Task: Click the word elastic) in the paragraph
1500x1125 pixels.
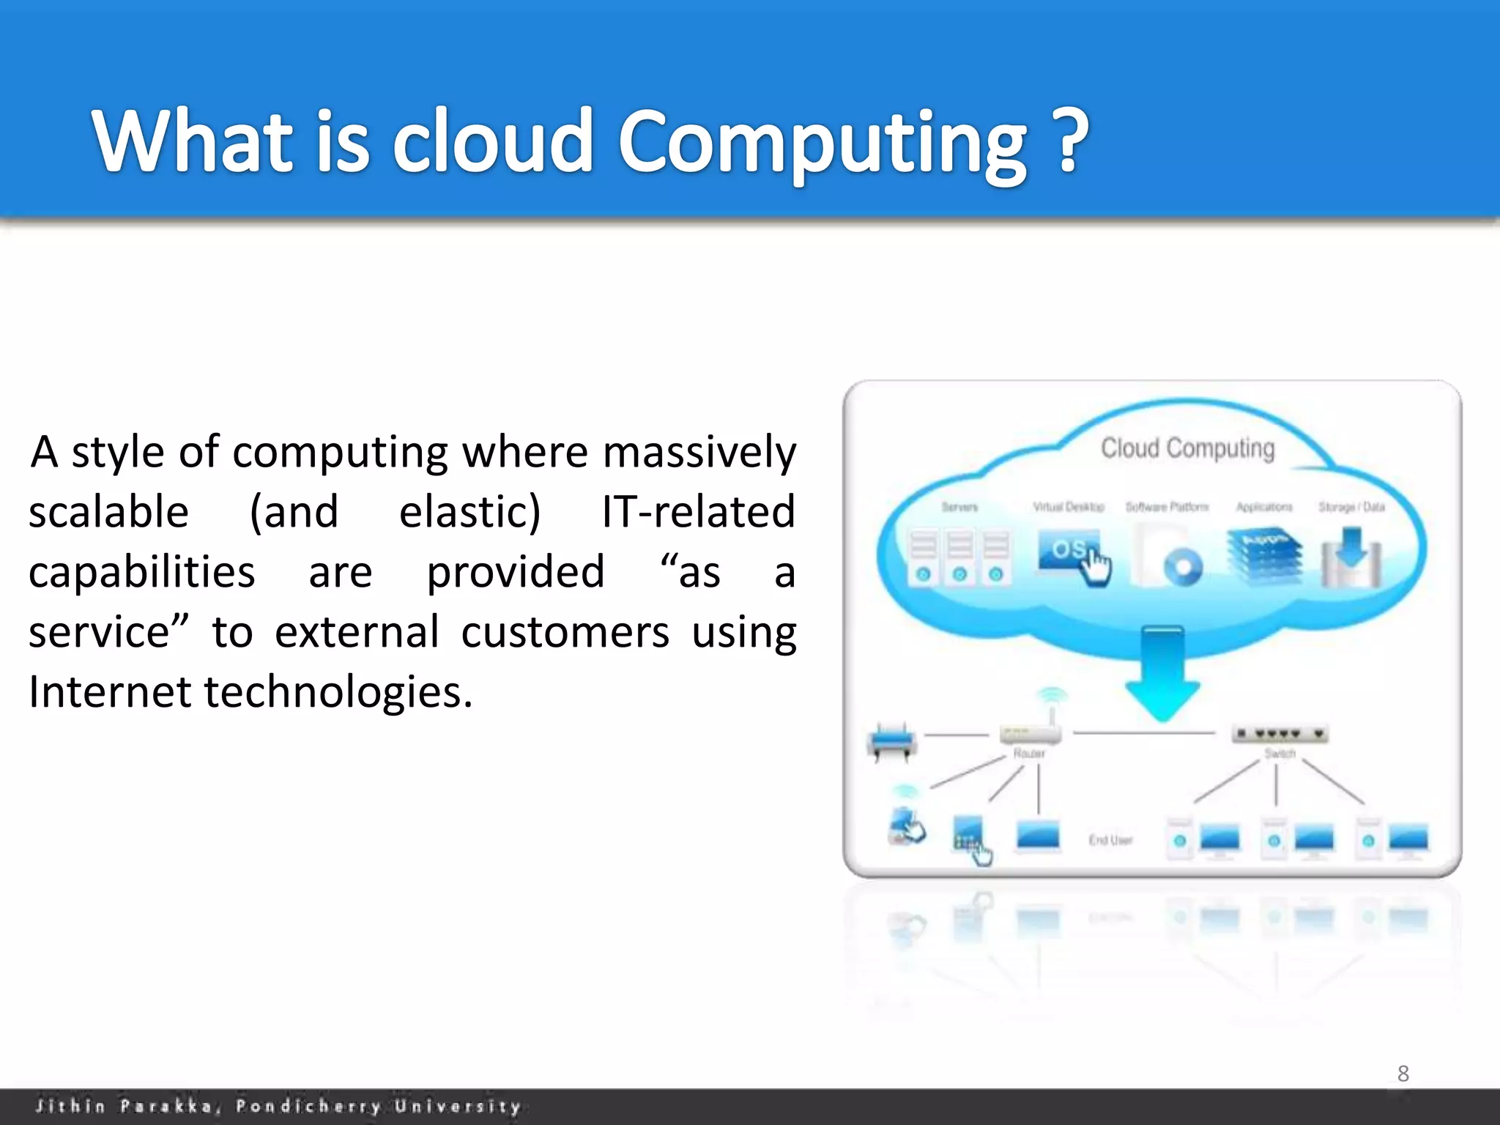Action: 469,512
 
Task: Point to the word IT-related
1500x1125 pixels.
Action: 698,512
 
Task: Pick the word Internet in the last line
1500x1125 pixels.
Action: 109,692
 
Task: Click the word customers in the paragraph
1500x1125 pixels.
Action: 565,632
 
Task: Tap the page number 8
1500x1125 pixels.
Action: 1403,1074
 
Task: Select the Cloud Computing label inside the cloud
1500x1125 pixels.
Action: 1187,448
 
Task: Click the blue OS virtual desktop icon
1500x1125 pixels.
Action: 1069,552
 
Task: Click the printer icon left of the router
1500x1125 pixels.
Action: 891,742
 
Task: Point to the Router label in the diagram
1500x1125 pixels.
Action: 1029,754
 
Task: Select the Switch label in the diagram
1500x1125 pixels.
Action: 1280,754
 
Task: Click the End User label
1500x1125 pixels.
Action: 1110,840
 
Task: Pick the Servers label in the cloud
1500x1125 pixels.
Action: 959,507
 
